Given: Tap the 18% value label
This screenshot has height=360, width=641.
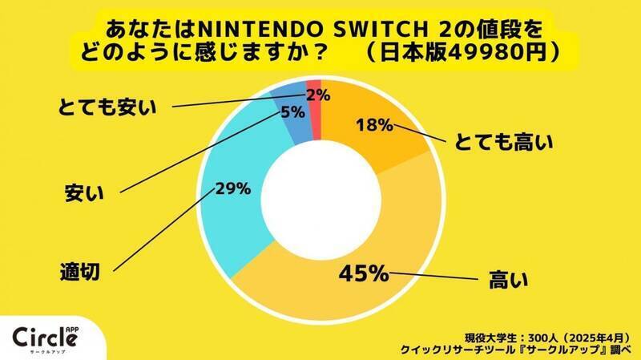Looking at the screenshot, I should click(373, 125).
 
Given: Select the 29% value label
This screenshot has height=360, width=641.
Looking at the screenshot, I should click(232, 190).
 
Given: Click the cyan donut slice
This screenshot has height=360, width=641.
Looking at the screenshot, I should click(232, 216).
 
